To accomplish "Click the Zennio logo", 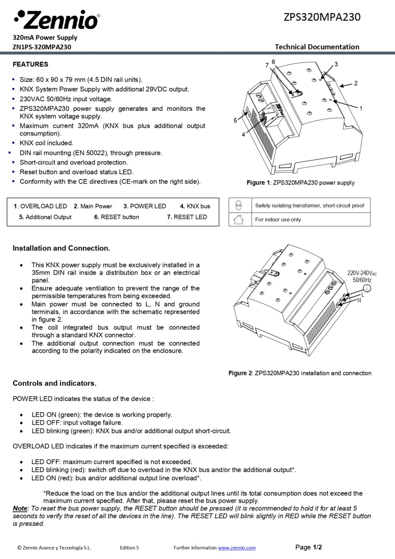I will [56, 20].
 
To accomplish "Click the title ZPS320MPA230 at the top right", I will [322, 17].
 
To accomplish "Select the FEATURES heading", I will [31, 64].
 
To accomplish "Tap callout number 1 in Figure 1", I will [361, 109].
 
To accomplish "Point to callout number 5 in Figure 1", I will [236, 120].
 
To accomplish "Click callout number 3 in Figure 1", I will [336, 64].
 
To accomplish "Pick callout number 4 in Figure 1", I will [243, 134].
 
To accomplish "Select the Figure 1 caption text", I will [300, 183].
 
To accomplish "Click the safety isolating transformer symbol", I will [238, 205].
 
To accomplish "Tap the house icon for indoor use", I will [238, 219].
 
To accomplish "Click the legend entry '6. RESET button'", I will [116, 217].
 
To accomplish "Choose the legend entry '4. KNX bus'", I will [195, 206].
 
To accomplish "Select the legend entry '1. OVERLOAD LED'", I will [40, 206].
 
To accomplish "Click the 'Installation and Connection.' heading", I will [61, 248].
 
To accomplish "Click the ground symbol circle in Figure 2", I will [367, 289].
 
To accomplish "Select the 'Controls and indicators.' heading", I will [55, 383].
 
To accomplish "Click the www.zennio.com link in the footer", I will [237, 548].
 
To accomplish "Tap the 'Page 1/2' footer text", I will [309, 547].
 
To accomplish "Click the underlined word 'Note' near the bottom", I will [20, 508].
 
